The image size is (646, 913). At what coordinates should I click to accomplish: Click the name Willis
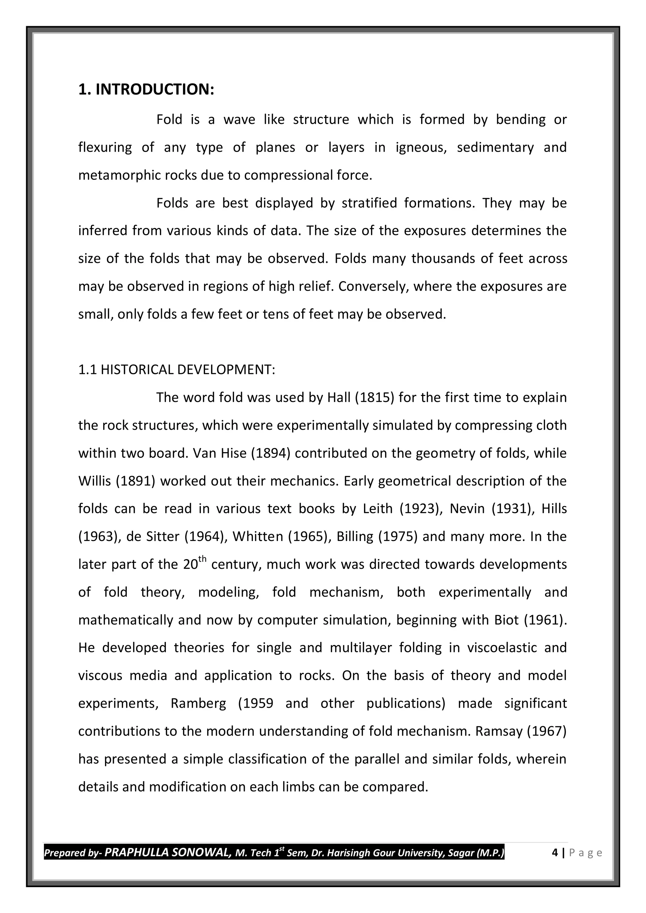pos(95,481)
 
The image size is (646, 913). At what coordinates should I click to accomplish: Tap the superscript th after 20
pos(202,559)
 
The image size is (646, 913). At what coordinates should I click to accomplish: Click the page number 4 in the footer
pos(555,852)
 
